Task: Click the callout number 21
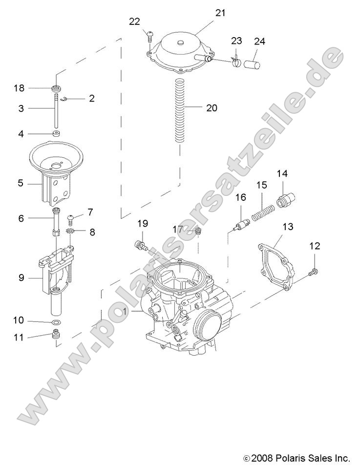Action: click(x=220, y=13)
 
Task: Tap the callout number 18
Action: click(x=19, y=88)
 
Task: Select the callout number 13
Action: click(x=288, y=227)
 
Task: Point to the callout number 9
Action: click(x=21, y=278)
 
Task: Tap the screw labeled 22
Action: click(x=149, y=36)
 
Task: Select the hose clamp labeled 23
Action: click(x=236, y=62)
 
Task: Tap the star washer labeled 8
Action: click(x=70, y=231)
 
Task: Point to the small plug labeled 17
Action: click(x=198, y=231)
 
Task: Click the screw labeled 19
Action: click(x=141, y=244)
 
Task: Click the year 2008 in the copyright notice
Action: click(x=263, y=458)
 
